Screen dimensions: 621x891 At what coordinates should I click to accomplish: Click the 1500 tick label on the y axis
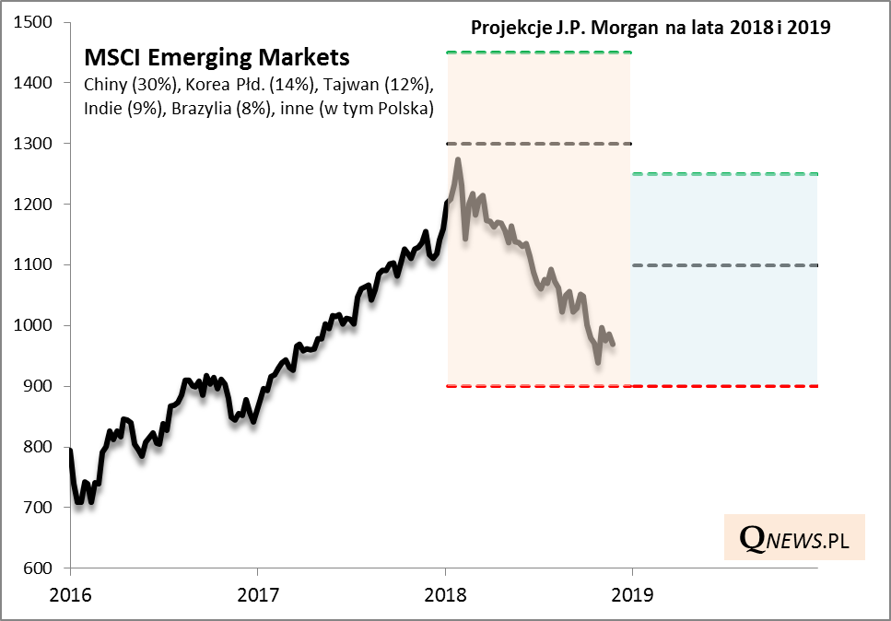coord(36,22)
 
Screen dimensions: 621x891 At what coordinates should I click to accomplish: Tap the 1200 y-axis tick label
coord(36,204)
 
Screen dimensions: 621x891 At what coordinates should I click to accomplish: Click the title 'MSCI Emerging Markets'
coord(217,57)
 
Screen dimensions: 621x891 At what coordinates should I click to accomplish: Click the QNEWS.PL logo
coord(794,538)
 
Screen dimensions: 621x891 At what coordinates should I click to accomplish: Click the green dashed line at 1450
coord(538,53)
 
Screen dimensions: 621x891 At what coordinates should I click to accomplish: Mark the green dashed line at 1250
coord(724,174)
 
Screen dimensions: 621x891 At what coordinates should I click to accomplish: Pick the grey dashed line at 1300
coord(538,144)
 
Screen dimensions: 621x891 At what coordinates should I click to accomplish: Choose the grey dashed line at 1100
coord(724,265)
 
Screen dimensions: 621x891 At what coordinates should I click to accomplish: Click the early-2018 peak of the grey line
coord(457,160)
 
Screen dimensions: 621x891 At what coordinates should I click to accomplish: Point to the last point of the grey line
coord(614,345)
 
